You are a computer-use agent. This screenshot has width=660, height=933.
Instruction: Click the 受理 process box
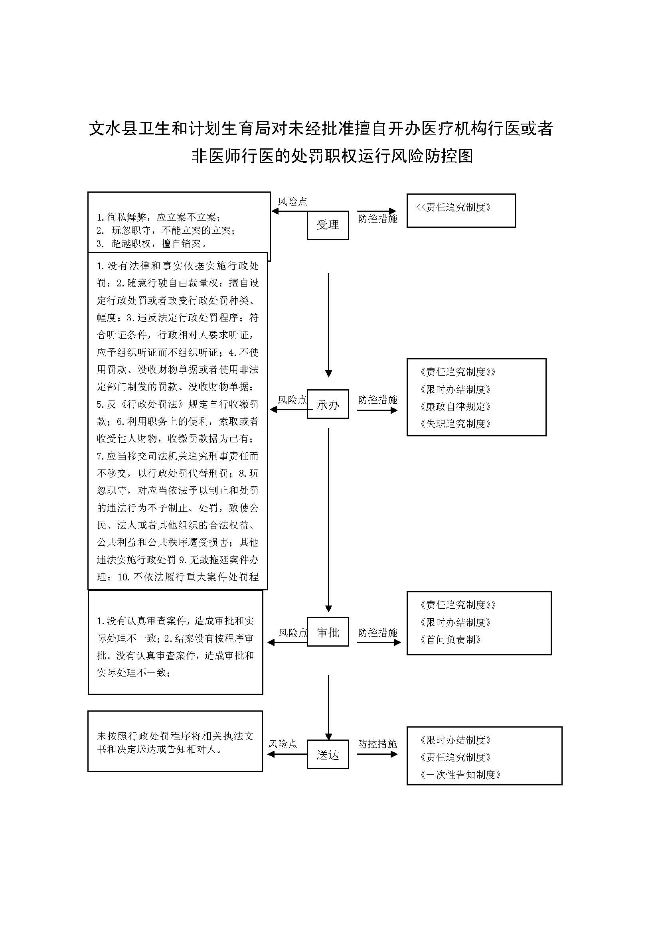328,225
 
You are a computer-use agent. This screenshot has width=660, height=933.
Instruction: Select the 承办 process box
328,404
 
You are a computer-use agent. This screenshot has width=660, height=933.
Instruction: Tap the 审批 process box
328,632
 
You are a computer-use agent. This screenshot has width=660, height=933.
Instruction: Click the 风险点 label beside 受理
292,201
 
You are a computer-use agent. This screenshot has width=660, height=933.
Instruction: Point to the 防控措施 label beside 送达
377,744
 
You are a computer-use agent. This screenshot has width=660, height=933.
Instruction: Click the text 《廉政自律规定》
456,407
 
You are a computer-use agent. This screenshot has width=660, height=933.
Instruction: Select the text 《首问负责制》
451,639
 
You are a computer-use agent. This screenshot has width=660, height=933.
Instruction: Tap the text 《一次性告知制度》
460,775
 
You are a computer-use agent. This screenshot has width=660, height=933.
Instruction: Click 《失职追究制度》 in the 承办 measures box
456,424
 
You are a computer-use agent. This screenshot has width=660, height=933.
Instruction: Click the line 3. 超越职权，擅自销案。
152,244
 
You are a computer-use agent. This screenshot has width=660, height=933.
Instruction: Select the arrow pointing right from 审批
379,643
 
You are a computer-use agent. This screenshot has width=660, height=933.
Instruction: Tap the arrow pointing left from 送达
287,754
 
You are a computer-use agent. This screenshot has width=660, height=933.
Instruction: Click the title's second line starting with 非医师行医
332,156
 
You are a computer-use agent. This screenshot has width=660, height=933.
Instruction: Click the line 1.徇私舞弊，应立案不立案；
158,217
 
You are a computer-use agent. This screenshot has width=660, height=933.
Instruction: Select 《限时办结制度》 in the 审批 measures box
456,623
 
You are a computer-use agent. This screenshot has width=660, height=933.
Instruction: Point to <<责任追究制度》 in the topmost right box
453,207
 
